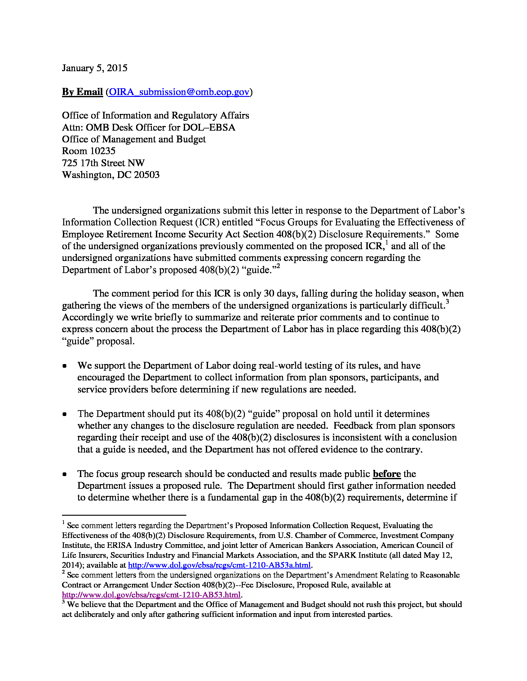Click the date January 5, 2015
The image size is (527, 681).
95,68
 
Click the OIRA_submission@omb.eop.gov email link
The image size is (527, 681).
179,92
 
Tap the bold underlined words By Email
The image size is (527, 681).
82,92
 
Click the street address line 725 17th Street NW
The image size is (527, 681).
103,163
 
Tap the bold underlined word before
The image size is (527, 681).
387,474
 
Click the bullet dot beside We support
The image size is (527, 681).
64,366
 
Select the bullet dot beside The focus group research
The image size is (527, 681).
64,474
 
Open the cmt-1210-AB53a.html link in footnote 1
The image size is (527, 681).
219,565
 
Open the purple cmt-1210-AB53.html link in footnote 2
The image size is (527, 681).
151,595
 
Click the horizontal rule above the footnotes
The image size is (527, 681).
124,515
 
